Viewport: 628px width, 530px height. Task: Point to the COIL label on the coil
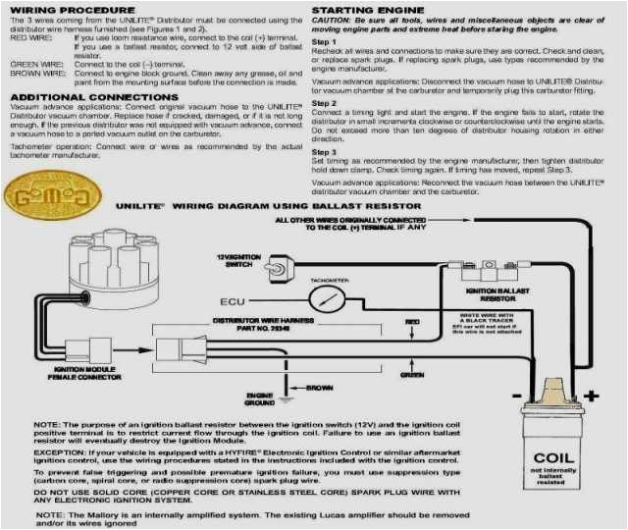coord(553,457)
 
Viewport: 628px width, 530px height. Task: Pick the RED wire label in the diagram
coord(412,321)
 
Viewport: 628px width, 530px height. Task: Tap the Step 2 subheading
coord(324,102)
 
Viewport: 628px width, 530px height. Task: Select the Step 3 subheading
coord(324,152)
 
